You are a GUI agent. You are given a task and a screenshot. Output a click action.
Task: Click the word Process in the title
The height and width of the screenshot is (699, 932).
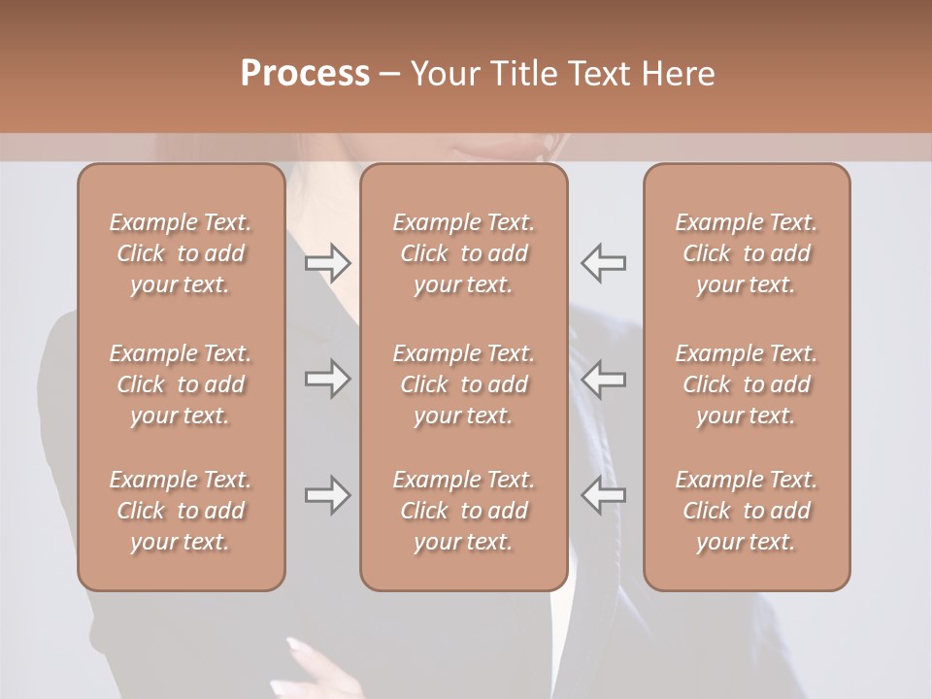[305, 74]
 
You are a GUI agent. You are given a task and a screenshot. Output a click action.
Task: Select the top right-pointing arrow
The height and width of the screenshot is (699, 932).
[328, 262]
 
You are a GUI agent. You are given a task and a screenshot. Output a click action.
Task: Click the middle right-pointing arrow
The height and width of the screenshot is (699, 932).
[328, 379]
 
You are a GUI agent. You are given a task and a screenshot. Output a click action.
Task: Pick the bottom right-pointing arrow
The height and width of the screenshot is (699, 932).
[328, 495]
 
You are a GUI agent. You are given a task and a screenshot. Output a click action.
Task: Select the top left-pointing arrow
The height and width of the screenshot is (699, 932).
[604, 262]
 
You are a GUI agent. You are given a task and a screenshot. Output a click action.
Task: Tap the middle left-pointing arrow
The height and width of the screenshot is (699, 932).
[604, 379]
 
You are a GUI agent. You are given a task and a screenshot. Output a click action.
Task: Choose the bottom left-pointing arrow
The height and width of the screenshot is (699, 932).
[604, 495]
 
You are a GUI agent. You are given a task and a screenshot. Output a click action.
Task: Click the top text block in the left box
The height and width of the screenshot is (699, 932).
[181, 253]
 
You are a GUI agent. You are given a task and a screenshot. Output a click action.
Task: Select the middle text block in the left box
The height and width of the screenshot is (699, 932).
[181, 384]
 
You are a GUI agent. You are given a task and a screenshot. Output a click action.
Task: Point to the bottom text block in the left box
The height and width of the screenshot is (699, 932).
[181, 511]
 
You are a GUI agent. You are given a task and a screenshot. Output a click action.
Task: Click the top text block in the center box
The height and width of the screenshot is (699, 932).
[464, 253]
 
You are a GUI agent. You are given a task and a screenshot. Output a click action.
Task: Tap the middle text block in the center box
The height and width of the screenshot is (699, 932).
[464, 384]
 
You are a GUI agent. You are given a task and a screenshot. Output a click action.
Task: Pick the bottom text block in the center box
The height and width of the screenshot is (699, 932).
[464, 511]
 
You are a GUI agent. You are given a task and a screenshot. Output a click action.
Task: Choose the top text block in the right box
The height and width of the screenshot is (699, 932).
[747, 253]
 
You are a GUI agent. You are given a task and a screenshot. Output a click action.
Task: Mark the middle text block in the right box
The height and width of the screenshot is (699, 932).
[747, 384]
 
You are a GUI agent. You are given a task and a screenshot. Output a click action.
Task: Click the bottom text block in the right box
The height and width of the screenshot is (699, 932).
[747, 511]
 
